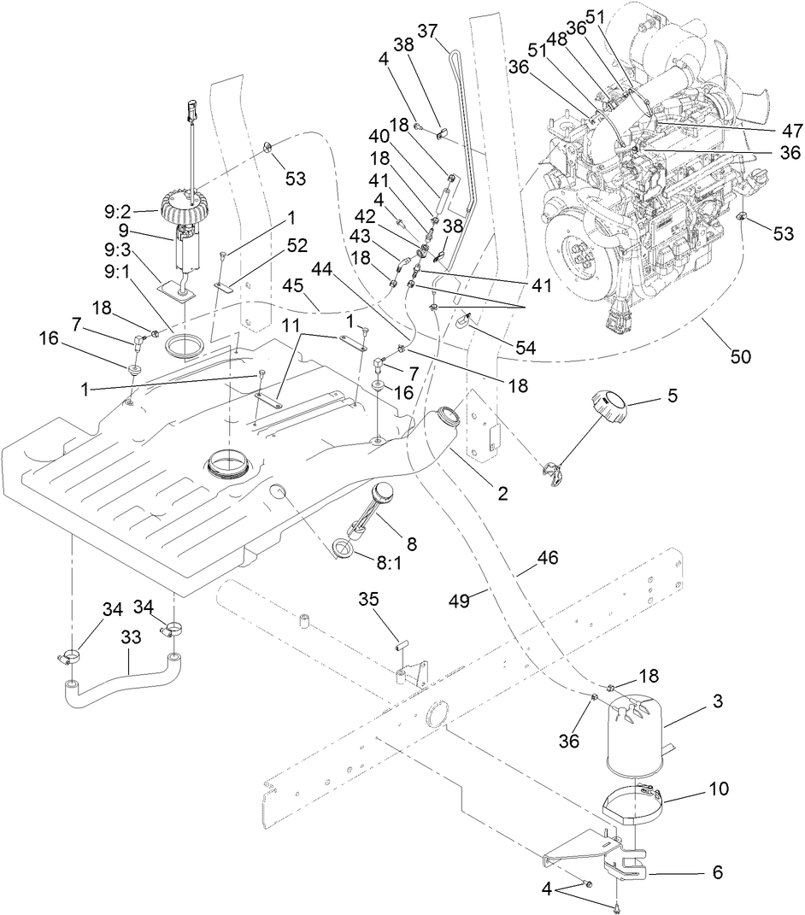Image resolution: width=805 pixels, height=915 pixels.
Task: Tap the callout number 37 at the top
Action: click(x=427, y=31)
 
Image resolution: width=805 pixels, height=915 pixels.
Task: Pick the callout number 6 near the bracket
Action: click(x=717, y=872)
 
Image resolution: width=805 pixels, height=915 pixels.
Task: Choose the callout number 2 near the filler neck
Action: click(x=502, y=493)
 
